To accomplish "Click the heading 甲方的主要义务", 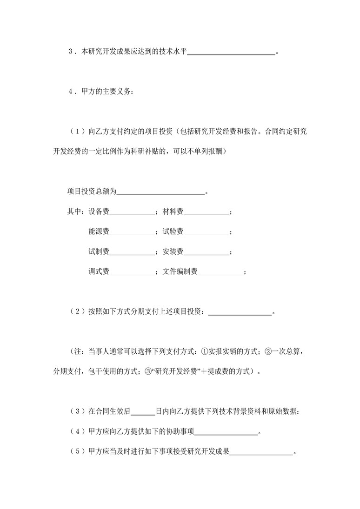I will (107, 92).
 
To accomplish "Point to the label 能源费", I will (99, 231).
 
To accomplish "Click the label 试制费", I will (99, 251).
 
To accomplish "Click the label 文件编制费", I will (180, 271).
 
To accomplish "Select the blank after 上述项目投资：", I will (240, 312).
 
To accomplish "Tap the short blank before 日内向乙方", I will (144, 411).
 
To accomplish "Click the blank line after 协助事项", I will (226, 432).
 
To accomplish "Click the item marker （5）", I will (77, 452).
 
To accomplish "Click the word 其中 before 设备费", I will (74, 212).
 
